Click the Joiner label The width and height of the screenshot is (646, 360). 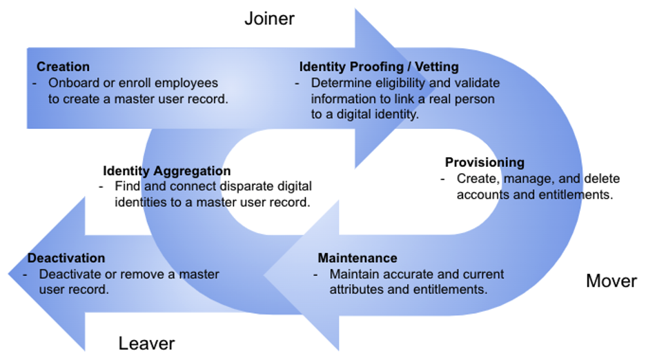coord(269,19)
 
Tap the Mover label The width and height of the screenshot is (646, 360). coord(611,281)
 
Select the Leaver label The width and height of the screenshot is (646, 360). coord(146,343)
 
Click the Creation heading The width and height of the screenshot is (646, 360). coord(63,67)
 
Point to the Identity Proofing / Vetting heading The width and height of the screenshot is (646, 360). coord(378,67)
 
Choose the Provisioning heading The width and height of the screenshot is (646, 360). coord(484,163)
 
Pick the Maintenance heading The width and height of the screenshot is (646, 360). coord(358,258)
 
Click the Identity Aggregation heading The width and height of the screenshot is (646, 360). coord(167,171)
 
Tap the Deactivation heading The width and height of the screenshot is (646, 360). coord(66,258)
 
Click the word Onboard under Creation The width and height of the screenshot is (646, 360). coord(72,83)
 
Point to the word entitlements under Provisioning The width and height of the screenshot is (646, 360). coord(562,194)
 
